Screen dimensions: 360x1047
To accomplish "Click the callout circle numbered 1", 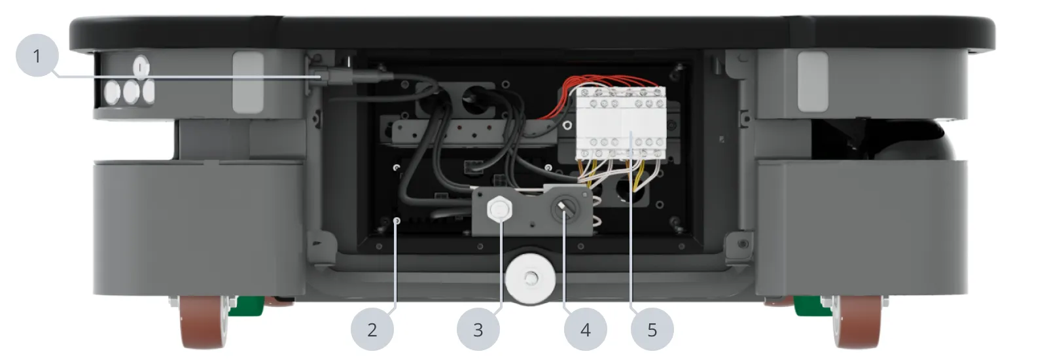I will (37, 56).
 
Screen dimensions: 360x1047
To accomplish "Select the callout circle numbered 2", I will (372, 329).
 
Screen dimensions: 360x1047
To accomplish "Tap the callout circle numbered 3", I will (478, 329).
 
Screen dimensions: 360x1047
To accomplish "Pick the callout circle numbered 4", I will (585, 329).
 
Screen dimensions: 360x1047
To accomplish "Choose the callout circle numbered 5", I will (652, 329).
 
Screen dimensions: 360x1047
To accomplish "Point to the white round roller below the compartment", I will (530, 279).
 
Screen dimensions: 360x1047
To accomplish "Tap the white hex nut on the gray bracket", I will (499, 209).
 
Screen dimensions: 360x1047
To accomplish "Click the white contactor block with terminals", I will (620, 123).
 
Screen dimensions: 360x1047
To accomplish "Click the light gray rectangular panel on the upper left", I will (248, 81).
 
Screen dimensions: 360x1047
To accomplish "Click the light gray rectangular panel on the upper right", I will (812, 81).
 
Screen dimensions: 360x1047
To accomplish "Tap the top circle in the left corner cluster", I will (141, 67).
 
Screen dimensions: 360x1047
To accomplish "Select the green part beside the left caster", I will (249, 305).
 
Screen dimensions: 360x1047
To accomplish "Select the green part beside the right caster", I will (809, 305).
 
